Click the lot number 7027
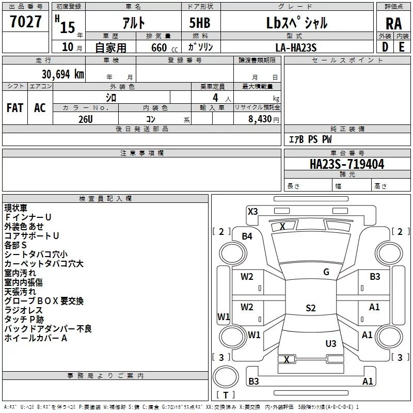[26, 22]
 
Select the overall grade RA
[393, 24]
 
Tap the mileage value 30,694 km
[62, 74]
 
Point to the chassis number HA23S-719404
[347, 164]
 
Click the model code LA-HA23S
[296, 47]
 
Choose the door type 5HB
[200, 23]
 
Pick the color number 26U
[85, 119]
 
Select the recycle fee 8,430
[260, 119]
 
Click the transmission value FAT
[15, 108]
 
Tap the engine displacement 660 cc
[164, 48]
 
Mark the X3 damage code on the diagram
[252, 212]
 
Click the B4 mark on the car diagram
[247, 236]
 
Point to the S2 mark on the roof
[311, 308]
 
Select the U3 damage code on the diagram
[331, 343]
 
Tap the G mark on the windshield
[326, 272]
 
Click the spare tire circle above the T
[226, 377]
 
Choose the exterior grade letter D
[385, 47]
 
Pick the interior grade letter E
[402, 47]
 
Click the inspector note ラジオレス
[23, 310]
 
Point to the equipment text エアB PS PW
[310, 139]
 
